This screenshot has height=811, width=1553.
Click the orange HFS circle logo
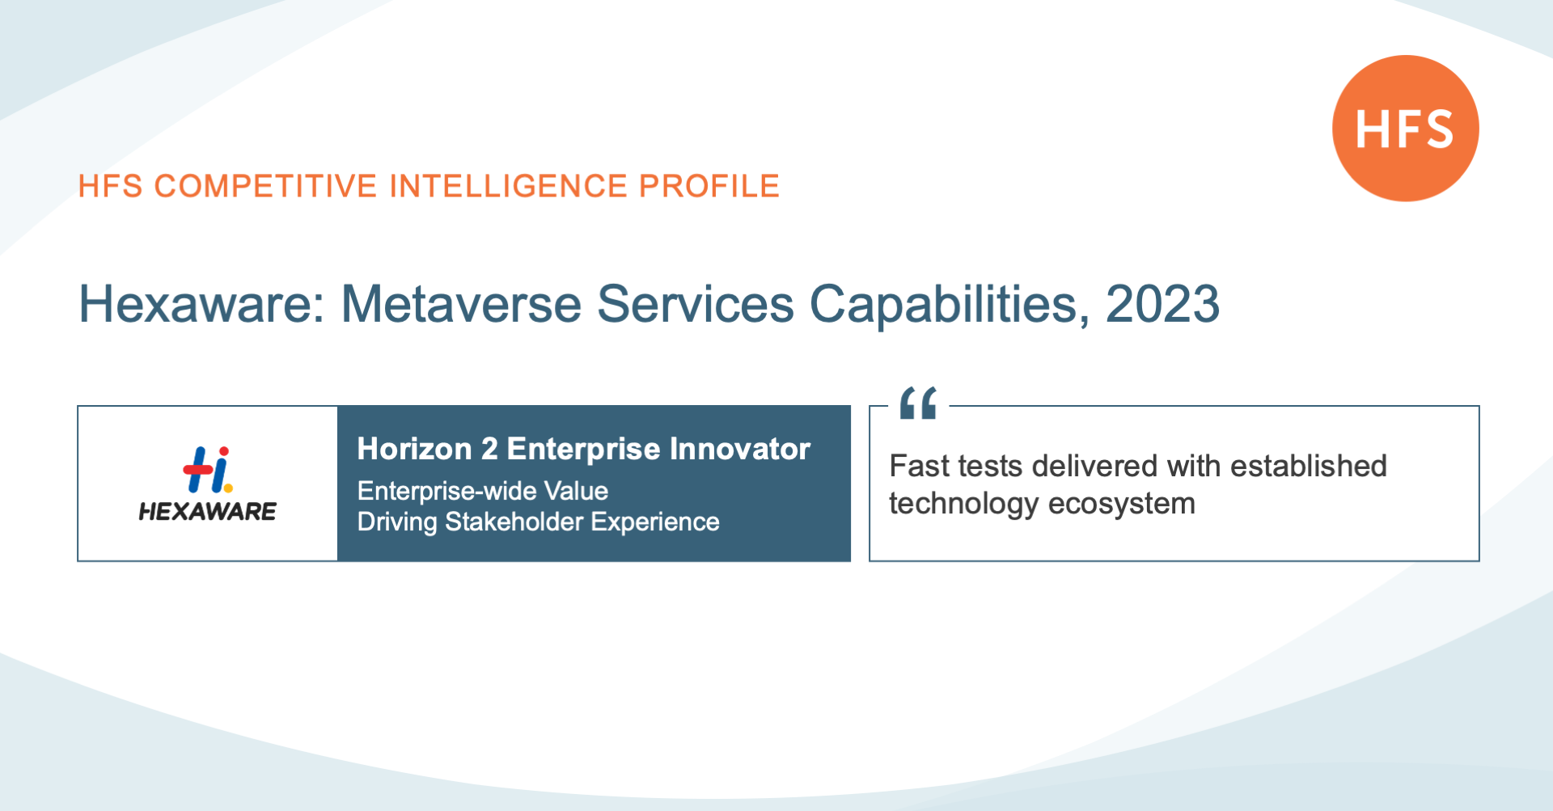click(x=1405, y=128)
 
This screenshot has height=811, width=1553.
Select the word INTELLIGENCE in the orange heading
click(x=508, y=186)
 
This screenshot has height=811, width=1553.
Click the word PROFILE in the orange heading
click(x=709, y=186)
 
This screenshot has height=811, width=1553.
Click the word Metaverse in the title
click(x=461, y=304)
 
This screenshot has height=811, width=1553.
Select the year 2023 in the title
click(x=1162, y=304)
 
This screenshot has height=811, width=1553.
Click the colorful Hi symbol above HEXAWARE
click(x=208, y=469)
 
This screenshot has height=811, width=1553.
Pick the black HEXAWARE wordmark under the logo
click(x=208, y=511)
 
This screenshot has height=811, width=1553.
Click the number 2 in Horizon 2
click(x=489, y=449)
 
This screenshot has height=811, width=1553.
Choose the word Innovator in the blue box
click(x=739, y=449)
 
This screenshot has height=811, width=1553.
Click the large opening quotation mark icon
click(x=918, y=403)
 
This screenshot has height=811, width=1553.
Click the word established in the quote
click(x=1309, y=467)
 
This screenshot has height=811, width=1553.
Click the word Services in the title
click(x=696, y=304)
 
